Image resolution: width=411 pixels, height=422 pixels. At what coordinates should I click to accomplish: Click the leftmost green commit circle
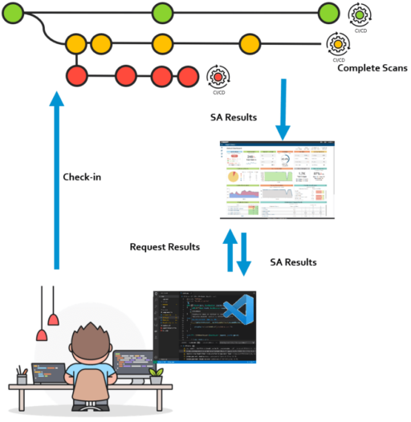(14, 13)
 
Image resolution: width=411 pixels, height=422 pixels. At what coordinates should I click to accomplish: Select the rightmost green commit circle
(328, 13)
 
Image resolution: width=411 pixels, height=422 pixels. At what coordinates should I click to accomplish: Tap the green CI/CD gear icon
(360, 14)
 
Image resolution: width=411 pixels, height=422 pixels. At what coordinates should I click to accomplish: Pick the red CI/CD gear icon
(217, 76)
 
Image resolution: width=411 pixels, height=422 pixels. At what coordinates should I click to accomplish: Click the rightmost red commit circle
(187, 76)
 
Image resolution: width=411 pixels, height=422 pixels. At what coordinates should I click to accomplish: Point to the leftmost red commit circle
(76, 76)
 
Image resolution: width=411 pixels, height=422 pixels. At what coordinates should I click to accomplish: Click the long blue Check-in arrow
(55, 185)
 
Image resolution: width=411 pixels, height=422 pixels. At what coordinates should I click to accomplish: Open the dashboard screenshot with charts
(279, 179)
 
